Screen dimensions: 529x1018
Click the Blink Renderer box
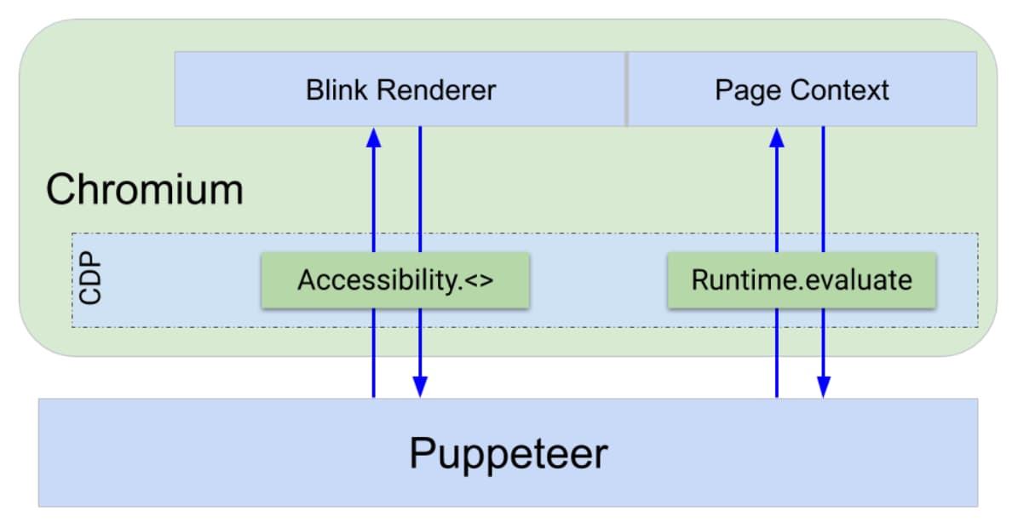(400, 89)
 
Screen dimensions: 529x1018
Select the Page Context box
(802, 89)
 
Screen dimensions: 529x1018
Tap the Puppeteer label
(508, 453)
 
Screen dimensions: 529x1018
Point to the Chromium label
(144, 189)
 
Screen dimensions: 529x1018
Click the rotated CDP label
(89, 278)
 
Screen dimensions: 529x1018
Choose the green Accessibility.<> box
(395, 279)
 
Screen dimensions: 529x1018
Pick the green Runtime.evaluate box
(802, 279)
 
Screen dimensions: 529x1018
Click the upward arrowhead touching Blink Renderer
(373, 136)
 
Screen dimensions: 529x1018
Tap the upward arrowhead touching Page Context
(777, 136)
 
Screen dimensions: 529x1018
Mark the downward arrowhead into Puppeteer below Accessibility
(420, 388)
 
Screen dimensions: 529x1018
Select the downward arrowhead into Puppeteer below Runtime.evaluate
(823, 388)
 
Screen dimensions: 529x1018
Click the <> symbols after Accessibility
(479, 280)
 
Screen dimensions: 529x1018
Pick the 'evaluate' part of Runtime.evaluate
(860, 279)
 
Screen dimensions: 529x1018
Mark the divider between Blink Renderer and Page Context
(626, 89)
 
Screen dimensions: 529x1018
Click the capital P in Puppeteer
(423, 453)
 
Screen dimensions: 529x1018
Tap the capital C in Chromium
(60, 189)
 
